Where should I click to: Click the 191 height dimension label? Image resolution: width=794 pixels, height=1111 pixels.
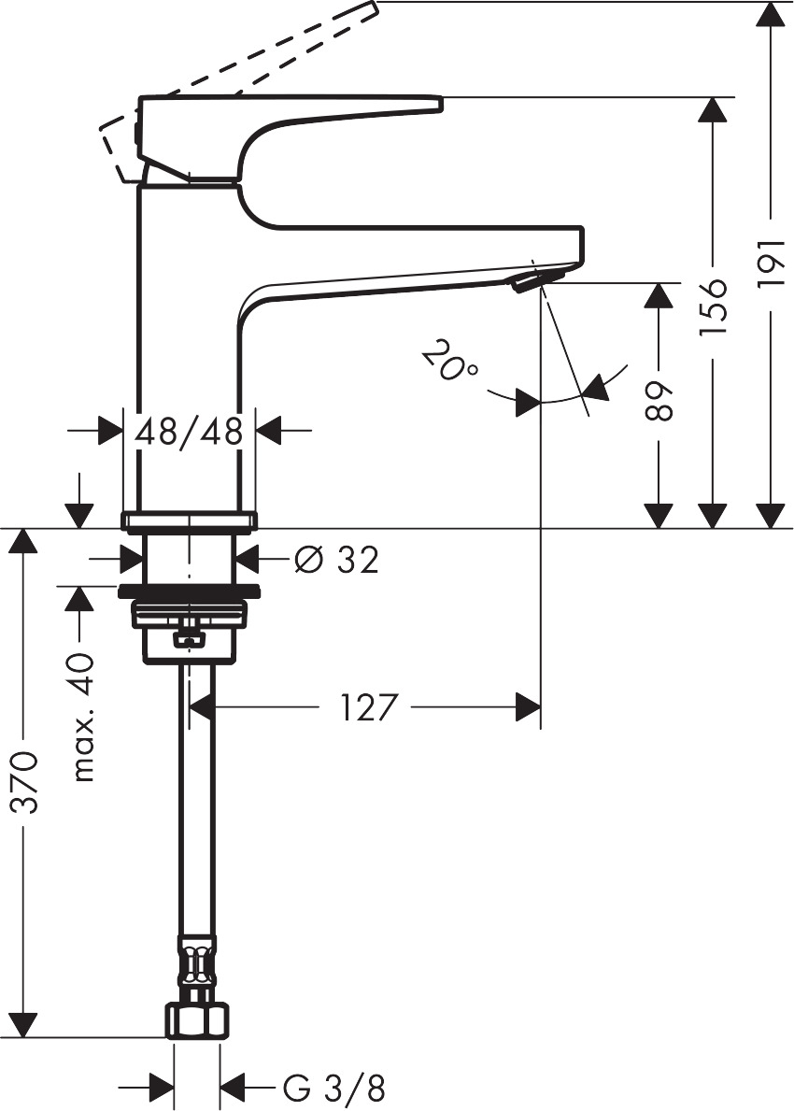tap(772, 265)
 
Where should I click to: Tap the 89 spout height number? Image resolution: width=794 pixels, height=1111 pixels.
tap(659, 401)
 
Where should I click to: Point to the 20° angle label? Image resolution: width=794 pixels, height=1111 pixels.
tap(449, 361)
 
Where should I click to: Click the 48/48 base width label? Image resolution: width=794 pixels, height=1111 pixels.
tap(190, 431)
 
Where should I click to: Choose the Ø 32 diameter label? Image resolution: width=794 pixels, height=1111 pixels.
tap(336, 560)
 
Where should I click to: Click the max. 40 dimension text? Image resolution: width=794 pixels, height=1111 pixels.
tap(84, 718)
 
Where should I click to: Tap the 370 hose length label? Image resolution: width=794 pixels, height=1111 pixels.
tap(26, 781)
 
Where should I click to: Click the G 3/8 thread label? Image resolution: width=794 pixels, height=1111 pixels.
tap(333, 1088)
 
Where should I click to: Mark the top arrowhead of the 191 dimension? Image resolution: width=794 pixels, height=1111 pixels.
tap(771, 14)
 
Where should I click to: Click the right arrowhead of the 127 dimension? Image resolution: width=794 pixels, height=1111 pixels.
tap(529, 707)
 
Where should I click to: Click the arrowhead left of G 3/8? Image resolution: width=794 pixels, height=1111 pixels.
tap(161, 1088)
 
